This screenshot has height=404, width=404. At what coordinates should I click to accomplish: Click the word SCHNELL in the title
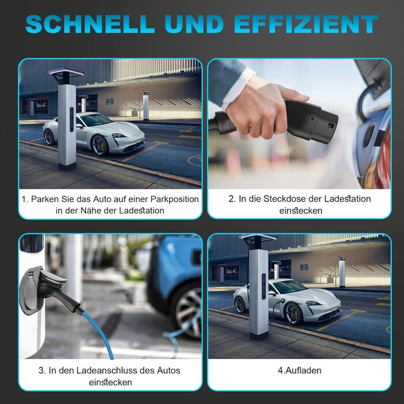pyautogui.click(x=90, y=24)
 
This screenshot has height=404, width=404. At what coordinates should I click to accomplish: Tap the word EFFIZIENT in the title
pyautogui.click(x=306, y=24)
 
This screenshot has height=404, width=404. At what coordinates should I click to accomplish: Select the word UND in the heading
pyautogui.click(x=194, y=24)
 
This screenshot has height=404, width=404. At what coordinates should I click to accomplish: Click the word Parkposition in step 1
pyautogui.click(x=175, y=199)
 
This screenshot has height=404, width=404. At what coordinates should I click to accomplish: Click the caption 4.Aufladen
pyautogui.click(x=300, y=371)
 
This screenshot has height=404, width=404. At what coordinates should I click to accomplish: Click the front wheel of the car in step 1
pyautogui.click(x=99, y=145)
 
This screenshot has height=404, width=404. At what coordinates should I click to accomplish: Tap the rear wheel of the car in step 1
pyautogui.click(x=49, y=137)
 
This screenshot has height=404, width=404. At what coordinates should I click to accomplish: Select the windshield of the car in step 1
pyautogui.click(x=96, y=119)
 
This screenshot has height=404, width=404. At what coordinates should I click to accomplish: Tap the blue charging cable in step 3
pyautogui.click(x=99, y=333)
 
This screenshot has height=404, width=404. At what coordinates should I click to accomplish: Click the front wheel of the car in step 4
pyautogui.click(x=293, y=313)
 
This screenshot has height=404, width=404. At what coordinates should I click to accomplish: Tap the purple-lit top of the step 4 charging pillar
pyautogui.click(x=257, y=237)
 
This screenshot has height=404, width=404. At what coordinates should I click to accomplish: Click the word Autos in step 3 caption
pyautogui.click(x=169, y=371)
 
